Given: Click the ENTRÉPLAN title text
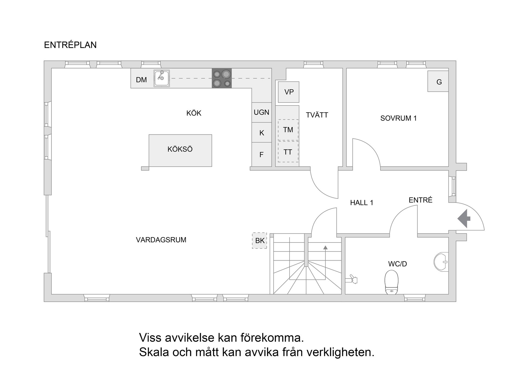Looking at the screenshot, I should (70, 45).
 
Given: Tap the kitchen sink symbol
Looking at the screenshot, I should (162, 78).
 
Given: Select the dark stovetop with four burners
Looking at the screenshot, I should (222, 78).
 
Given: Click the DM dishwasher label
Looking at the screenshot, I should (141, 80).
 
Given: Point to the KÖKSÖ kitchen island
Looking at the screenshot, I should (180, 151).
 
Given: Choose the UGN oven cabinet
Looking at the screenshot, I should (262, 112).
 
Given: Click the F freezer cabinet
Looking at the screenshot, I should (262, 155).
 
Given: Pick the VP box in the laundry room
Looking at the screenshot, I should (289, 92).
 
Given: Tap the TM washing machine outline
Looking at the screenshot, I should (288, 130).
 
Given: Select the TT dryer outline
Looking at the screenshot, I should (288, 152).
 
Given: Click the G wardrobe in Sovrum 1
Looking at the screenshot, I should (438, 81).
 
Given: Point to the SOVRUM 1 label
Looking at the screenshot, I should (398, 118).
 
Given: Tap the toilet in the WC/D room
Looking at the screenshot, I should (392, 282).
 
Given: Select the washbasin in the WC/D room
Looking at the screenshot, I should (441, 262).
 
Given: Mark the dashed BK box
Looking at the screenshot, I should (259, 241).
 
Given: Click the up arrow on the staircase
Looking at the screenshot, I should (325, 247).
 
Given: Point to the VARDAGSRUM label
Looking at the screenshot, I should (161, 240).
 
